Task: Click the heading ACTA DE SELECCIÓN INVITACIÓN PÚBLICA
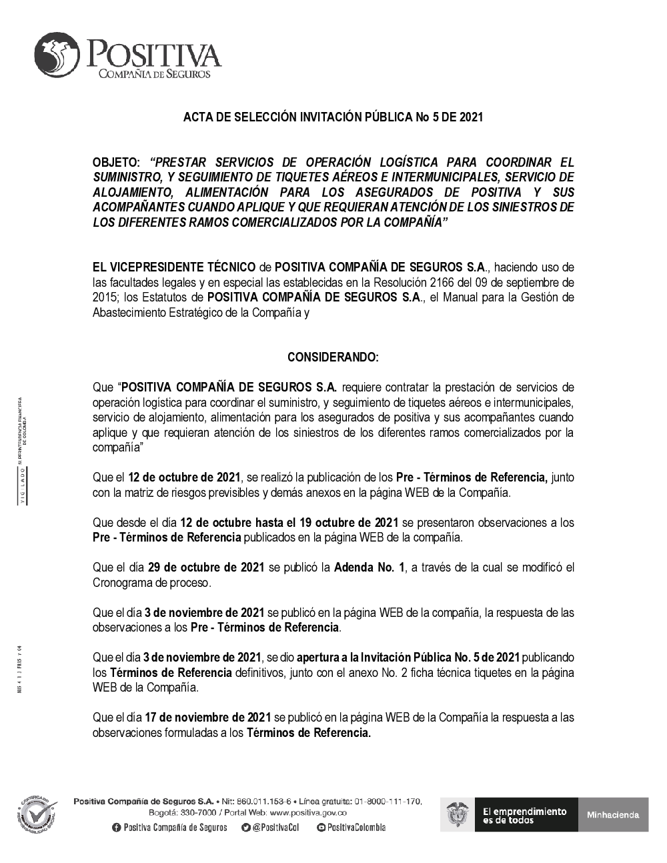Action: (x=333, y=117)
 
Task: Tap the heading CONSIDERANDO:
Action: (x=333, y=357)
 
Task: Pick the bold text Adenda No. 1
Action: (x=369, y=568)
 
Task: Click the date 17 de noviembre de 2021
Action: (x=207, y=718)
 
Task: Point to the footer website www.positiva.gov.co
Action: (x=307, y=813)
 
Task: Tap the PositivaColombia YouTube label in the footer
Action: (x=355, y=828)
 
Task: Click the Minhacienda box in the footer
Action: (x=613, y=814)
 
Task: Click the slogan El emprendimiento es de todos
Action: (x=524, y=815)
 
